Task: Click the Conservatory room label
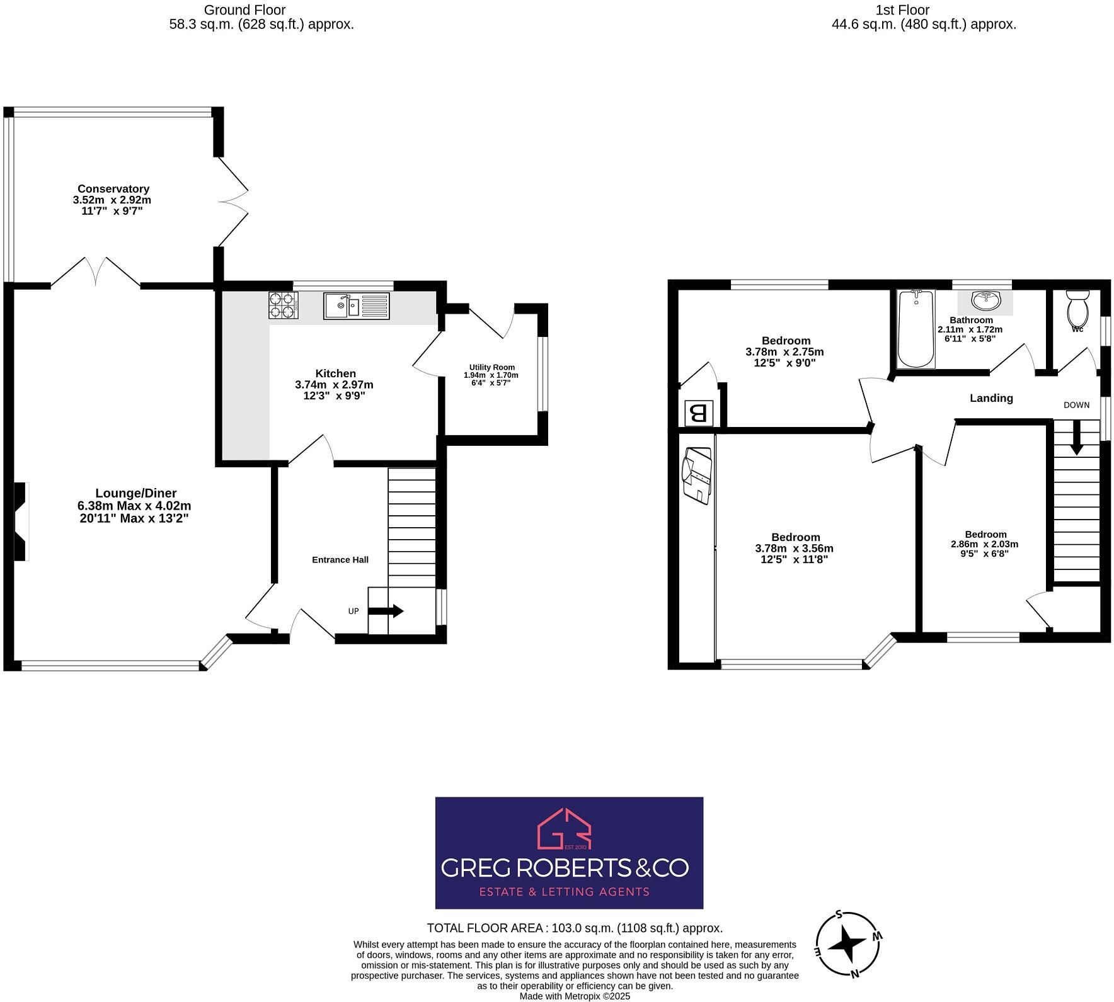(113, 189)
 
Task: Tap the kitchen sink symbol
(357, 305)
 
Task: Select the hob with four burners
(284, 305)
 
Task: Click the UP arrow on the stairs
(385, 611)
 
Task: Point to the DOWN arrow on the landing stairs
(1076, 436)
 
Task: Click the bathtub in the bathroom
(916, 329)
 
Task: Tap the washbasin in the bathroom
(985, 301)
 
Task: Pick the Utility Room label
(491, 367)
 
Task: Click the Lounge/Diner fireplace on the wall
(21, 521)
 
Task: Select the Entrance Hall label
(340, 560)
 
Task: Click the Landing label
(991, 398)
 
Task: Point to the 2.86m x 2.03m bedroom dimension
(984, 544)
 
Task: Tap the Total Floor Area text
(574, 928)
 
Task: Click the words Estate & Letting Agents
(564, 892)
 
